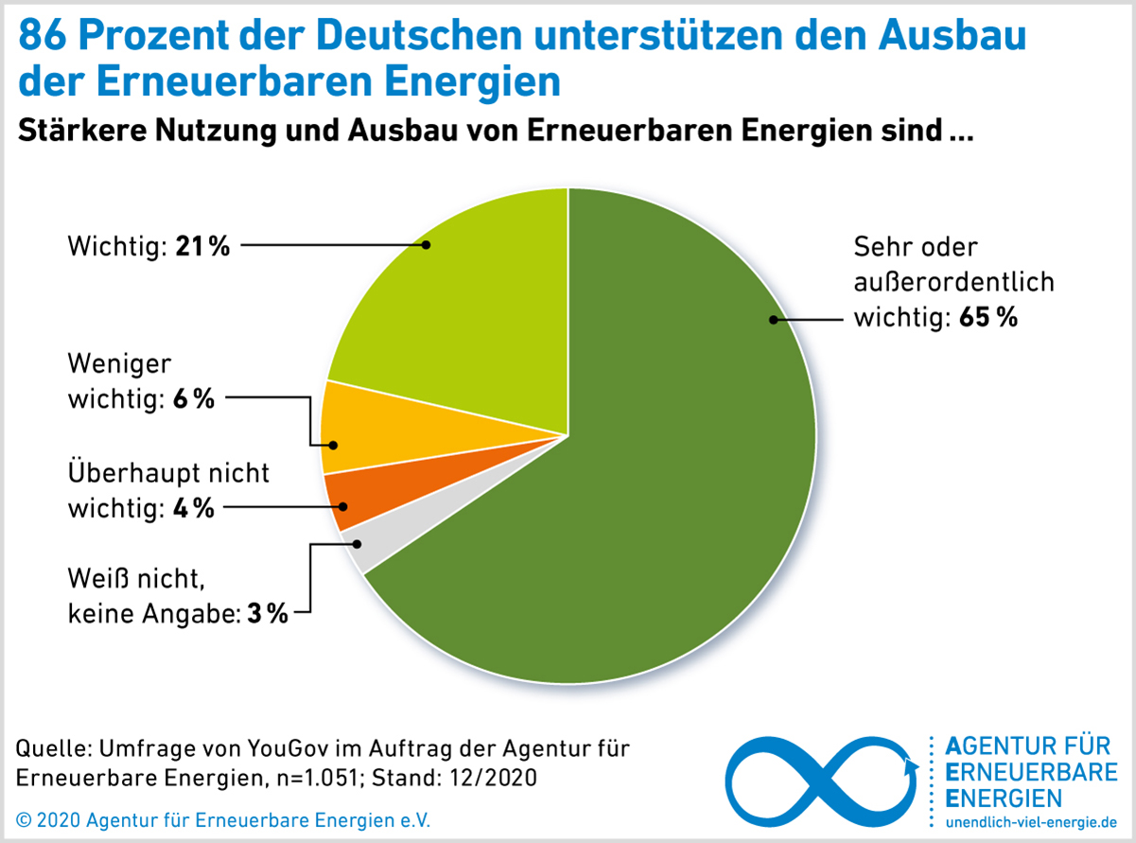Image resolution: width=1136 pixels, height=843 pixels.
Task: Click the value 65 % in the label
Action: coord(987,318)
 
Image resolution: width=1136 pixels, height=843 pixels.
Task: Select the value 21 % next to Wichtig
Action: coord(202,247)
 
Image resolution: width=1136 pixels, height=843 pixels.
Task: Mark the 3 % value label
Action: coord(267,614)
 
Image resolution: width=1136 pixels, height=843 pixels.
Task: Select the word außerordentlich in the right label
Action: coord(953,283)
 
